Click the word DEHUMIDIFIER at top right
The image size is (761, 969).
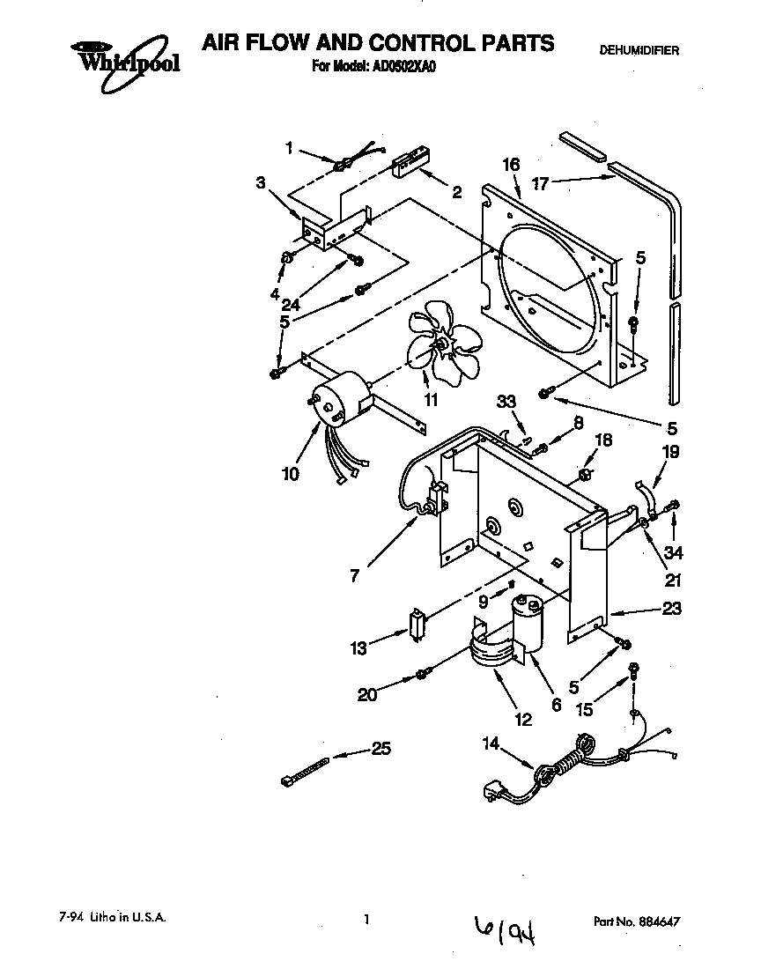639,51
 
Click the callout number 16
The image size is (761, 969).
510,165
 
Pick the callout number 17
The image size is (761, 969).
541,184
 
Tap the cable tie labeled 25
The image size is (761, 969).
305,767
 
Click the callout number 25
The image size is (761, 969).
380,749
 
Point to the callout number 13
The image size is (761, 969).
358,648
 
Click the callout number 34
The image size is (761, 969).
675,552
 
